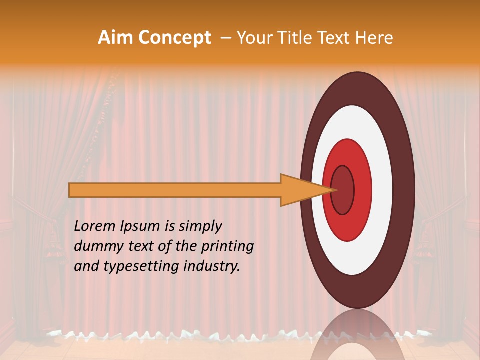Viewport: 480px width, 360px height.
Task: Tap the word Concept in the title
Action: (175, 38)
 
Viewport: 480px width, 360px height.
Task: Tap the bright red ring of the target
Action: (363, 190)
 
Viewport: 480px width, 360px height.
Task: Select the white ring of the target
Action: (382, 190)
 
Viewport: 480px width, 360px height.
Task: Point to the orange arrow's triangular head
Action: (300, 190)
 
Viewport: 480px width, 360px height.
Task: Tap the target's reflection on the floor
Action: (357, 340)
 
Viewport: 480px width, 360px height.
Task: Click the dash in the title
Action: (225, 38)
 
